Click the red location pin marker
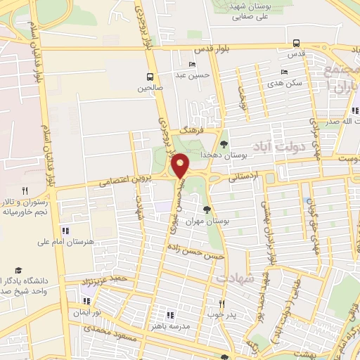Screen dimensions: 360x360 (x=181, y=166)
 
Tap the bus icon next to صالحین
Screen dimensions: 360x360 (x=150, y=77)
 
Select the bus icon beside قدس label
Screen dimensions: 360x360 (x=296, y=42)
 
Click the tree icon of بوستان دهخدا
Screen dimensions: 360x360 (x=224, y=143)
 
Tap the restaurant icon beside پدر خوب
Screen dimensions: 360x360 (x=221, y=304)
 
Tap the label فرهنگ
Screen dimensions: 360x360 (x=191, y=131)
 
